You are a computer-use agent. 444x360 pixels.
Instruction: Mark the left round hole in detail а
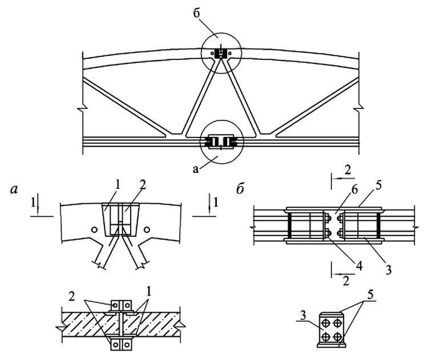click(x=93, y=229)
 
